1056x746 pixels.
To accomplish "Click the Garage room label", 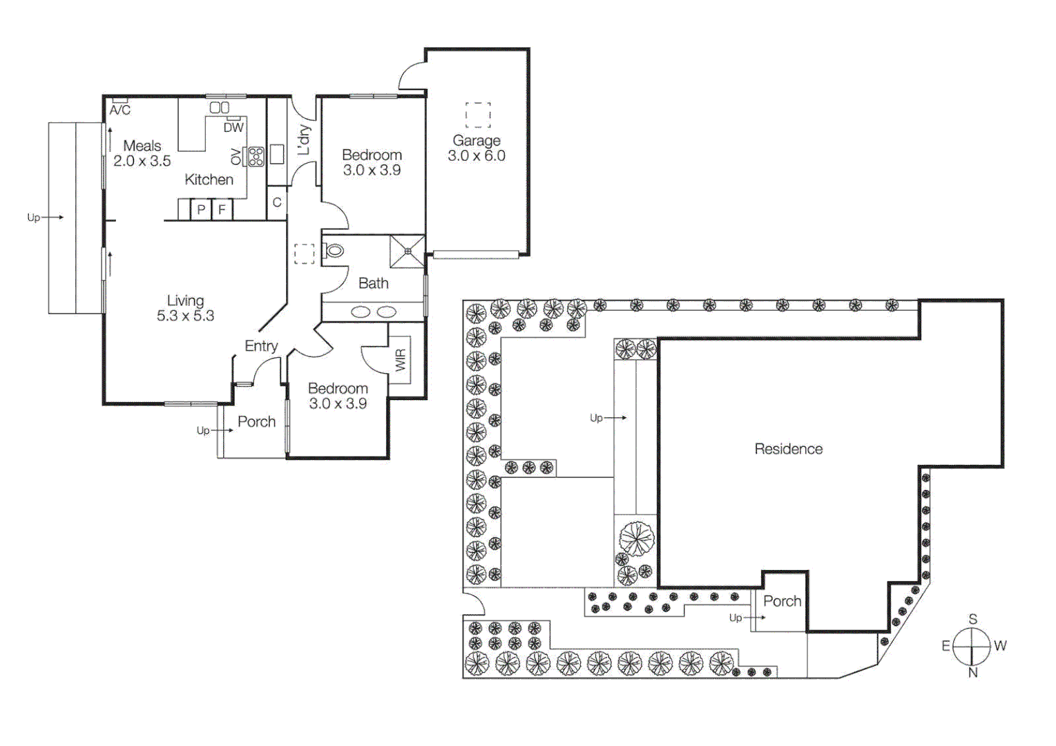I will [x=476, y=140].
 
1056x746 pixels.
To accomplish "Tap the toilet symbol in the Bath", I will [x=334, y=251].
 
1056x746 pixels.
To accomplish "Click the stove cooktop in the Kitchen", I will [x=256, y=157].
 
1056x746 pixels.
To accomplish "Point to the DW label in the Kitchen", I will [x=233, y=127].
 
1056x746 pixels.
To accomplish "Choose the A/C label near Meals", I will [x=120, y=110].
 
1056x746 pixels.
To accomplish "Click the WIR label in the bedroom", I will [x=401, y=359].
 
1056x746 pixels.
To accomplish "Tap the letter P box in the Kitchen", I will [x=201, y=209].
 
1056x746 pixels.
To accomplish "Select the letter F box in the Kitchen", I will [x=222, y=209].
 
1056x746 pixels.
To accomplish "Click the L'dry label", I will [x=304, y=140].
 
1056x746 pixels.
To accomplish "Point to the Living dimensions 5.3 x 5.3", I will [x=185, y=316].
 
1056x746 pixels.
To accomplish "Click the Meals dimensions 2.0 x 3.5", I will [x=142, y=161].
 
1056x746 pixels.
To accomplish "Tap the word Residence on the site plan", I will [x=788, y=449].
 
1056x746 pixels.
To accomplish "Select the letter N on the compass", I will [x=972, y=673].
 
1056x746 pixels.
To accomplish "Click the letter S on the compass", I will [x=972, y=619].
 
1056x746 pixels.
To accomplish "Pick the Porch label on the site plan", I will [x=782, y=601].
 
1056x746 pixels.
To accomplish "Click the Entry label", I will [x=261, y=346].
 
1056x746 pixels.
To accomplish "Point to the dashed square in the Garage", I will [x=478, y=115].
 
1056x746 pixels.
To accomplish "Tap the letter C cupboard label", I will [x=277, y=202].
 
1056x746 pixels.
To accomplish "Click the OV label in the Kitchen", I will [x=236, y=157].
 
